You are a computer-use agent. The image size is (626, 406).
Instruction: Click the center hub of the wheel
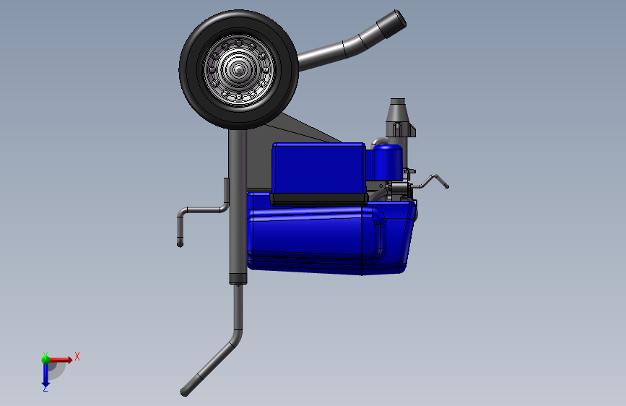(x=239, y=70)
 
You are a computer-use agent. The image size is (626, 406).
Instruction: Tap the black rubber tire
(x=188, y=70)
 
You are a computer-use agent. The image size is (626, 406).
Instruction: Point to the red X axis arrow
(x=60, y=360)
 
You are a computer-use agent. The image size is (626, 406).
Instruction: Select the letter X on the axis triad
(x=77, y=356)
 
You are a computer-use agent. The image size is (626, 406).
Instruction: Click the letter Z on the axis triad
(x=45, y=388)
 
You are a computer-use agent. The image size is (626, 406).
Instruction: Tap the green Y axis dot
(x=45, y=360)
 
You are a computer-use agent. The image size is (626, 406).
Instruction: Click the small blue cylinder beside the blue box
(x=388, y=162)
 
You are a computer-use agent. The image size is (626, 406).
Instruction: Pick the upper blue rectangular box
(x=318, y=168)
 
